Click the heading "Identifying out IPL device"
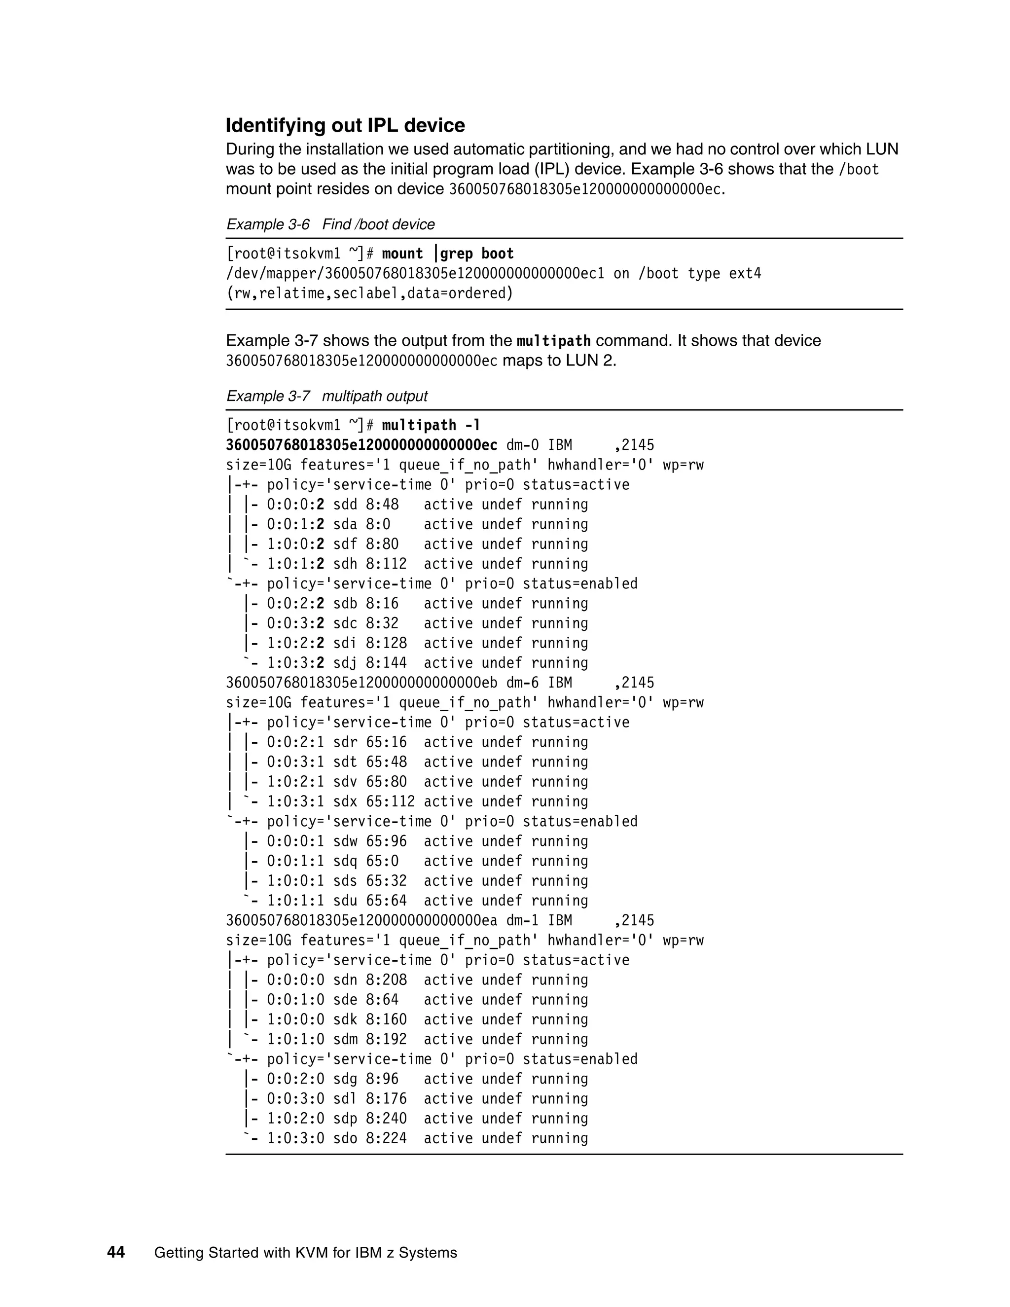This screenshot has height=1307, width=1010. pyautogui.click(x=345, y=126)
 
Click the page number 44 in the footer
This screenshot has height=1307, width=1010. pyautogui.click(x=116, y=1253)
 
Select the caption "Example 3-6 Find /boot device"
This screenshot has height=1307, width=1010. pyautogui.click(x=330, y=224)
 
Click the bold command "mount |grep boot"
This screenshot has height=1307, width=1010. pyautogui.click(x=448, y=254)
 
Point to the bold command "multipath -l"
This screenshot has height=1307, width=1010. pyautogui.click(x=431, y=426)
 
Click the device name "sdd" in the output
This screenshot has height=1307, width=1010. pyautogui.click(x=345, y=505)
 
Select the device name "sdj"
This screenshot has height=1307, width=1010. pyautogui.click(x=345, y=663)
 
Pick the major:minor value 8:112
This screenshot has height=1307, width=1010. pyautogui.click(x=386, y=564)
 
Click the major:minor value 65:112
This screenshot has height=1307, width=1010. pyautogui.click(x=390, y=801)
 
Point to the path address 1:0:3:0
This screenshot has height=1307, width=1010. pyautogui.click(x=295, y=1138)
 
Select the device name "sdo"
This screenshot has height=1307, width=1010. pyautogui.click(x=345, y=1138)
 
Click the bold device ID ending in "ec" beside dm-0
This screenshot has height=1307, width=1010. pyautogui.click(x=361, y=445)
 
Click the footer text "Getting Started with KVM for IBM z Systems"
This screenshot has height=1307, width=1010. pyautogui.click(x=305, y=1253)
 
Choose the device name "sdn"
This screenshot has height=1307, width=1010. pyautogui.click(x=345, y=980)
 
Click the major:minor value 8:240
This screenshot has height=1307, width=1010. pyautogui.click(x=386, y=1119)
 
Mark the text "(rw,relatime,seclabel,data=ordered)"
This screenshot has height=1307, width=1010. pyautogui.click(x=369, y=293)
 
